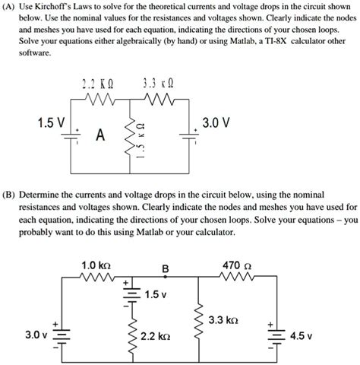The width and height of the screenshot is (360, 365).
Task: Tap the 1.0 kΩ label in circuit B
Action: (x=96, y=265)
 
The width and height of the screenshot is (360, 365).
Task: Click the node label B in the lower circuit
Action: (x=165, y=267)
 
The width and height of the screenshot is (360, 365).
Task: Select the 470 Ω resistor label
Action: (x=237, y=265)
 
